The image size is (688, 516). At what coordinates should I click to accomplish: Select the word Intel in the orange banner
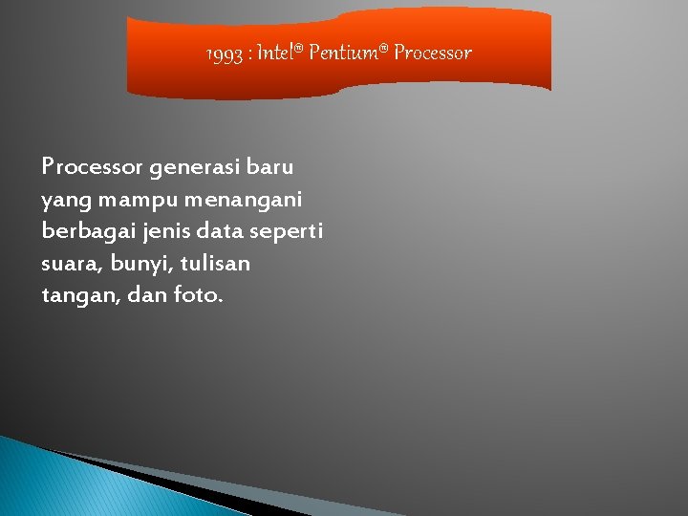click(x=278, y=53)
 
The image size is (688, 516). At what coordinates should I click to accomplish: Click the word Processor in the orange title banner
click(x=433, y=53)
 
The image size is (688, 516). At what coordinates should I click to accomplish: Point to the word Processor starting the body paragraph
click(x=92, y=166)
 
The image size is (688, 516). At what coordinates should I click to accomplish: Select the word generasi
click(x=195, y=166)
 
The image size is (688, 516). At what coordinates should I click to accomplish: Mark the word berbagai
click(x=82, y=231)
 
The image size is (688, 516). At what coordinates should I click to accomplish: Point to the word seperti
click(x=286, y=231)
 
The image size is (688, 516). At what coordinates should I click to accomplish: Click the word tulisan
click(x=214, y=263)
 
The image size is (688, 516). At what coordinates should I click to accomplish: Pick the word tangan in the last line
click(x=73, y=295)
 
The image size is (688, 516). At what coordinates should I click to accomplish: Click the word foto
click(x=198, y=295)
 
